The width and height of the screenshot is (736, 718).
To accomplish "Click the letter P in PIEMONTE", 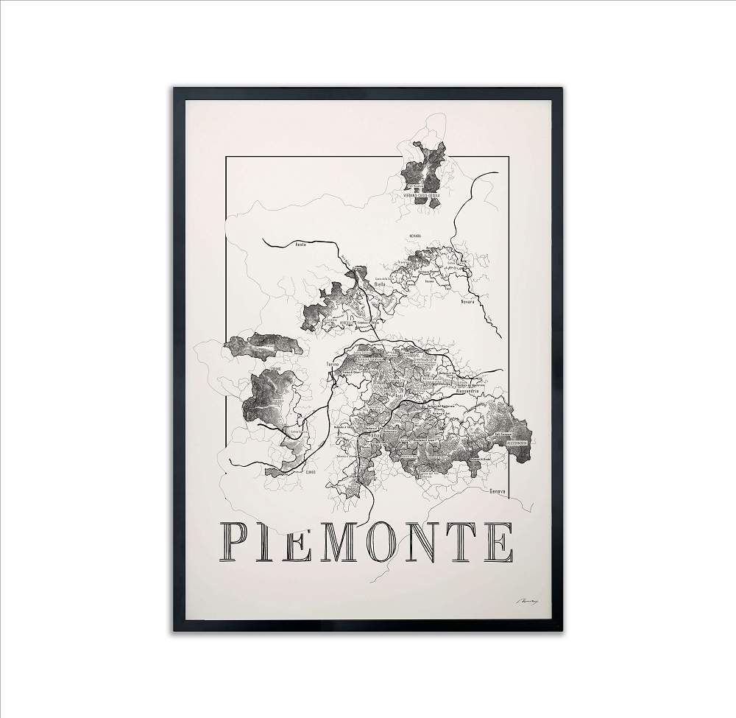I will click(x=237, y=542).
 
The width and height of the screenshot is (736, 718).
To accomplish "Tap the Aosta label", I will click(x=300, y=244).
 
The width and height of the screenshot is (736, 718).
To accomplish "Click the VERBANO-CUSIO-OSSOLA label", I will click(x=421, y=195).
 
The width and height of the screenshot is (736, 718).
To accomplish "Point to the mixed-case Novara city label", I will click(x=468, y=302).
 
